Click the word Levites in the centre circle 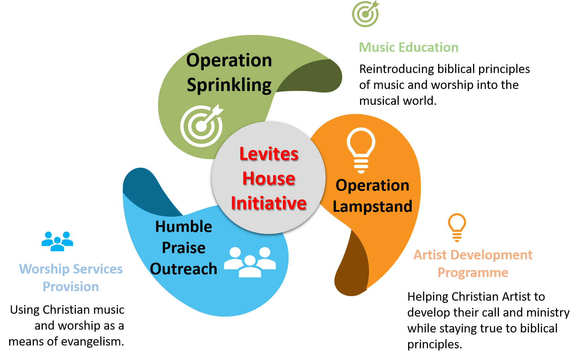click(269, 154)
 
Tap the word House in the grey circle click(269, 178)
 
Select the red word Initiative click(269, 203)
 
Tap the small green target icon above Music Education click(365, 14)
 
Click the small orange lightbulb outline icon click(457, 227)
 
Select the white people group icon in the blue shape click(250, 262)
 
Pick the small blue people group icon click(57, 241)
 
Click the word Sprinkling click(229, 85)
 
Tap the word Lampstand click(373, 206)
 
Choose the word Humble click(183, 227)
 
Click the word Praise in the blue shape click(183, 248)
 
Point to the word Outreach click(183, 269)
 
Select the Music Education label click(408, 47)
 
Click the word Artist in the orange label click(430, 255)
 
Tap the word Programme click(473, 272)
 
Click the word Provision click(71, 287)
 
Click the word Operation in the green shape click(229, 60)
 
